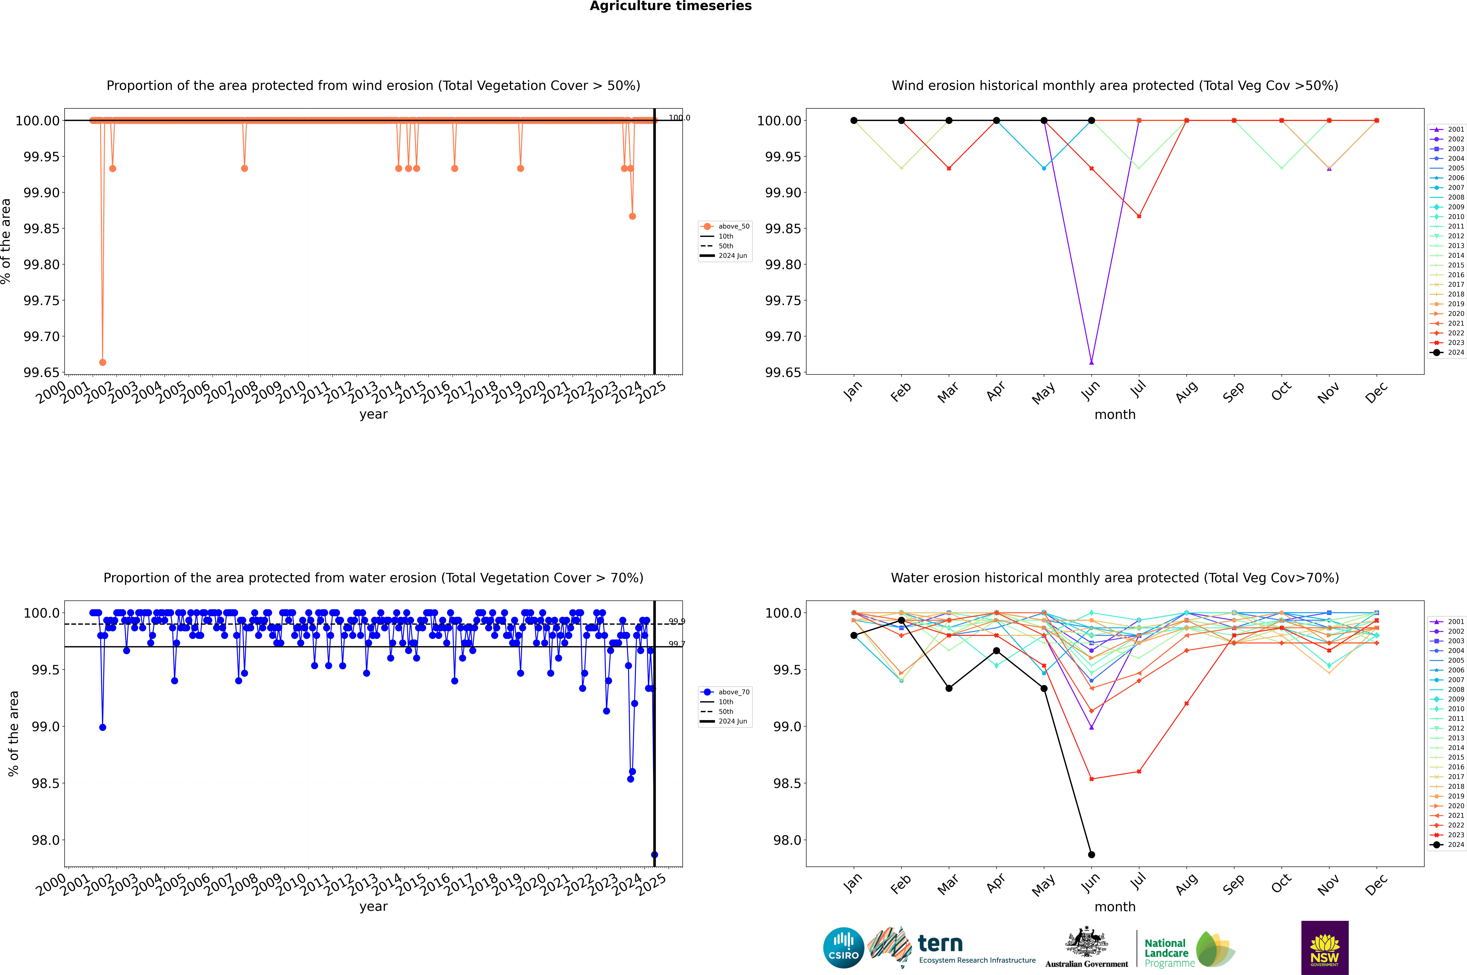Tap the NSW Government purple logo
(1325, 948)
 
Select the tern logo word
(940, 944)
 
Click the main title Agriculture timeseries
(670, 6)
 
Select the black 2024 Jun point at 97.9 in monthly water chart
(1091, 854)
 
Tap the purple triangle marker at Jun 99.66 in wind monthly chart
(1091, 362)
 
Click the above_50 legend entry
(726, 226)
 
